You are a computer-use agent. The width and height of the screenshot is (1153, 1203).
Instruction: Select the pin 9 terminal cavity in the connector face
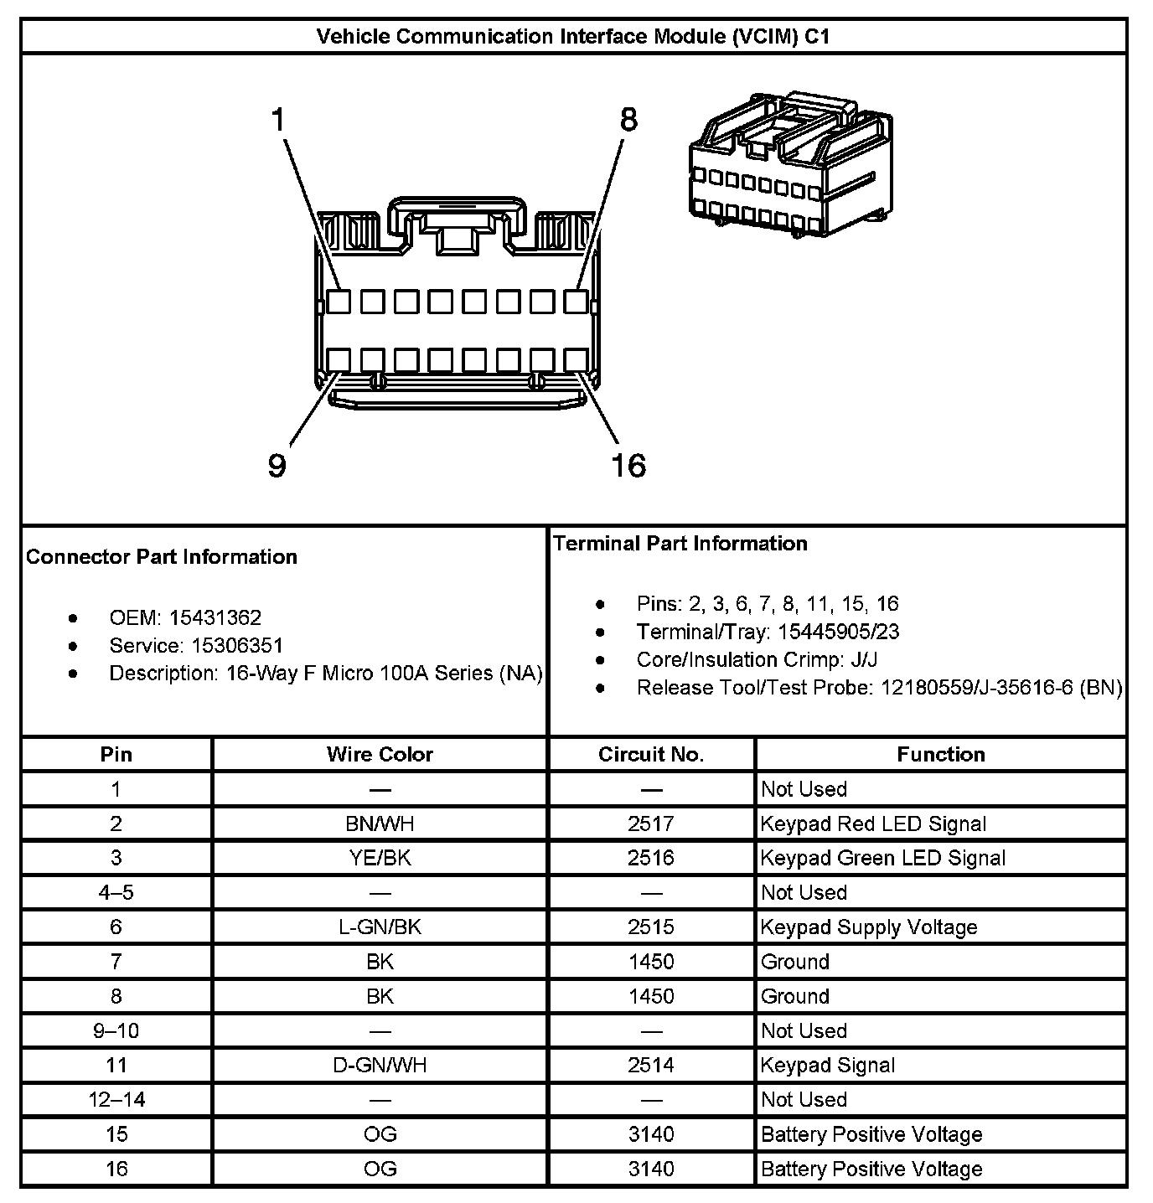(339, 360)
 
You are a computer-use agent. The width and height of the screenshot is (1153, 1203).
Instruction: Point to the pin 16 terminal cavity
(576, 360)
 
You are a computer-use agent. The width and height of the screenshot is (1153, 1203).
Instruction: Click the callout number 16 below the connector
(628, 465)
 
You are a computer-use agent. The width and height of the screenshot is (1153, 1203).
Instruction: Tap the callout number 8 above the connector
(628, 120)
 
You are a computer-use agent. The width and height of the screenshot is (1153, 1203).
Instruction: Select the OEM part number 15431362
(215, 618)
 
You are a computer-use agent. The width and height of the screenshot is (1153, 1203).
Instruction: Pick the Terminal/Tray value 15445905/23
(838, 632)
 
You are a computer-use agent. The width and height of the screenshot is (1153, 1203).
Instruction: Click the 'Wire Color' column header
(380, 754)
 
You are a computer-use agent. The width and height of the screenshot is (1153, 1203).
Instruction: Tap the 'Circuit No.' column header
(651, 754)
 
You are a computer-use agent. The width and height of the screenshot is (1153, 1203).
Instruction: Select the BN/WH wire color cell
(380, 824)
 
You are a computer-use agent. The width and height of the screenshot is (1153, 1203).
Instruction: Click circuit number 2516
(651, 858)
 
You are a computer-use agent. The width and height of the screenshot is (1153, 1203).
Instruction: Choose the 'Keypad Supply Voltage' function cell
(869, 927)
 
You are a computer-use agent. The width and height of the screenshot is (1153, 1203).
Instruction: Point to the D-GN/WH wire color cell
(380, 1065)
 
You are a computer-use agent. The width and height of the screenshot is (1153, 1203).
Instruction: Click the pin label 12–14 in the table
(116, 1099)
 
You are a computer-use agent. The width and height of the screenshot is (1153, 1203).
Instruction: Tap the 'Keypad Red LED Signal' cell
(873, 824)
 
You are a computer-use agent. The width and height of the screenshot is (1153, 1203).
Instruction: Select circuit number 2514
(651, 1065)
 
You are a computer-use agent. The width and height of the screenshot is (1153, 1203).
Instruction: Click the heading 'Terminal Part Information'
(680, 544)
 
